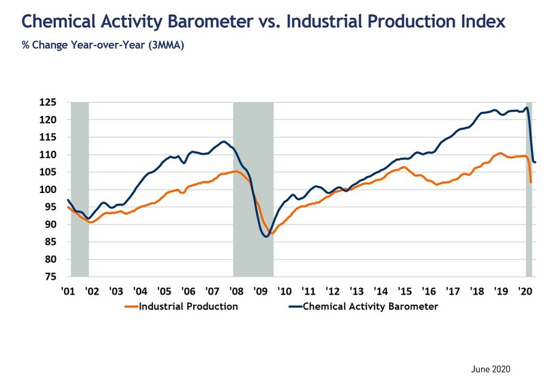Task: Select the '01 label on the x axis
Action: pos(67,291)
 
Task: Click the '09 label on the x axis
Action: pos(260,291)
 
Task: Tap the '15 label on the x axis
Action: pos(405,291)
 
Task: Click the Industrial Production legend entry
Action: pos(188,306)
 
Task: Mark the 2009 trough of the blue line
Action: pos(265,237)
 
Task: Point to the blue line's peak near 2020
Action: pos(526,107)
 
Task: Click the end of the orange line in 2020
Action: pos(532,182)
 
